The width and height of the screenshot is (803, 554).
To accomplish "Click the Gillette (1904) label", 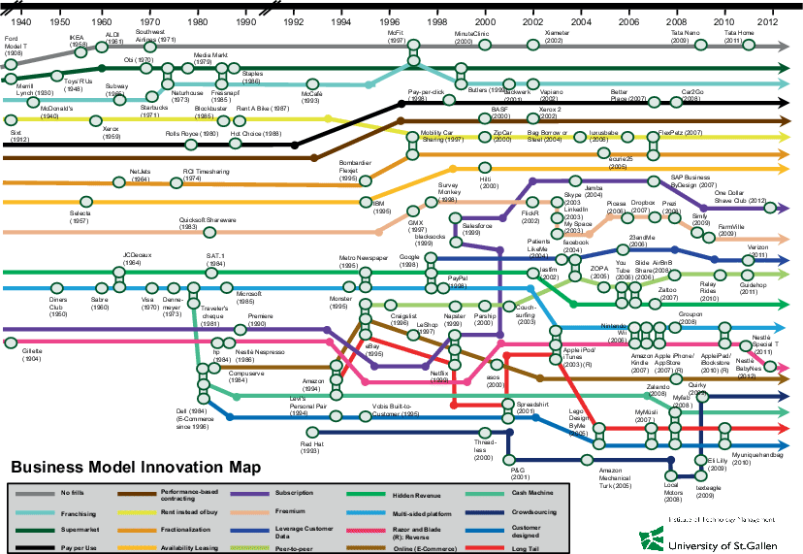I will click(24, 360).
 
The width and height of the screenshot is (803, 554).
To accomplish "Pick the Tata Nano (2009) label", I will click(686, 39).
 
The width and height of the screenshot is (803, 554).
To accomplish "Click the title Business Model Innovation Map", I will click(135, 467).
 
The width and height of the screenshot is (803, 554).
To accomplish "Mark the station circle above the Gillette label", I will click(11, 342).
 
